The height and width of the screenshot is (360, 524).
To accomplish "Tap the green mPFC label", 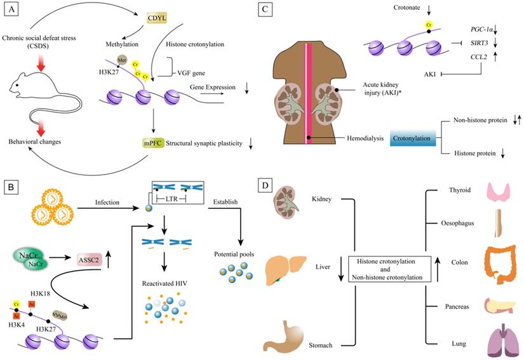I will [x=155, y=144].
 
